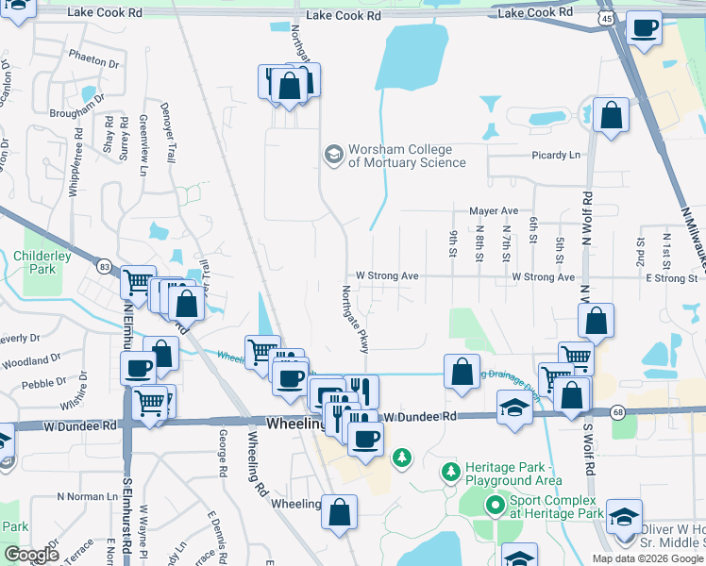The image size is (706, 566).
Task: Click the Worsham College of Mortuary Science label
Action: tap(407, 156)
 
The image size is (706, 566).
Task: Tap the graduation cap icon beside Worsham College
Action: tap(333, 153)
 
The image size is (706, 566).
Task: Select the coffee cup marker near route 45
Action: tap(645, 29)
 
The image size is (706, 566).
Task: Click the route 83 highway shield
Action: tap(103, 267)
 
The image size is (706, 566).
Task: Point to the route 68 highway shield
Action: tap(617, 411)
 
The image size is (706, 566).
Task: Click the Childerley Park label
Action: tap(35, 262)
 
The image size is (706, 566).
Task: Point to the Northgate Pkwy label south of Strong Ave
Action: tap(351, 321)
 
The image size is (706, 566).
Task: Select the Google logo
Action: tap(32, 555)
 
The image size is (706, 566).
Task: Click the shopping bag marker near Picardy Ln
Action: tap(612, 115)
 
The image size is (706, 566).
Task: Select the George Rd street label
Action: tap(223, 453)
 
